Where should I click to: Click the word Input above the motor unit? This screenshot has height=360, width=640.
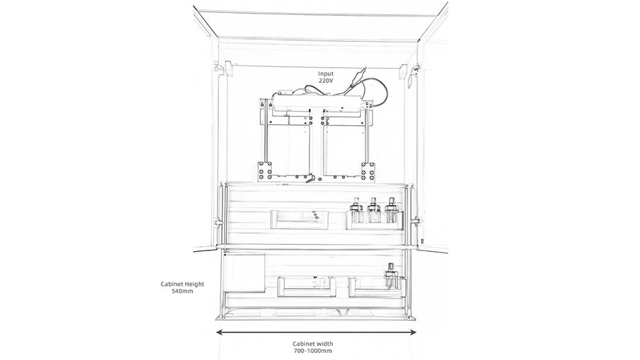326,74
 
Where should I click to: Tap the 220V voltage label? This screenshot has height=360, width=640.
326,81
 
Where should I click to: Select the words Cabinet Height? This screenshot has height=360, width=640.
182,285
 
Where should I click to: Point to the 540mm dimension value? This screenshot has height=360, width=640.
182,292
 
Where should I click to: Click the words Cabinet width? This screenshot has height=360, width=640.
312,344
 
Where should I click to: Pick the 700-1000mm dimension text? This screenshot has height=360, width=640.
312,351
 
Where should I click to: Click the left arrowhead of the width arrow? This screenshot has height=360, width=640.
219,332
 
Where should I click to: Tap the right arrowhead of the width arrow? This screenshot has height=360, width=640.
412,332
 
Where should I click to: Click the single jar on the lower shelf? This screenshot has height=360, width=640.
390,276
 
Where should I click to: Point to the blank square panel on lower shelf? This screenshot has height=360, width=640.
244,272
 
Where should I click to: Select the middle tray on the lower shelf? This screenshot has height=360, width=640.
306,287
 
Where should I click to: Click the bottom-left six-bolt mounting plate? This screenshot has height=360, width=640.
265,171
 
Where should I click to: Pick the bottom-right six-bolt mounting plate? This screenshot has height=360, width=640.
368,171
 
